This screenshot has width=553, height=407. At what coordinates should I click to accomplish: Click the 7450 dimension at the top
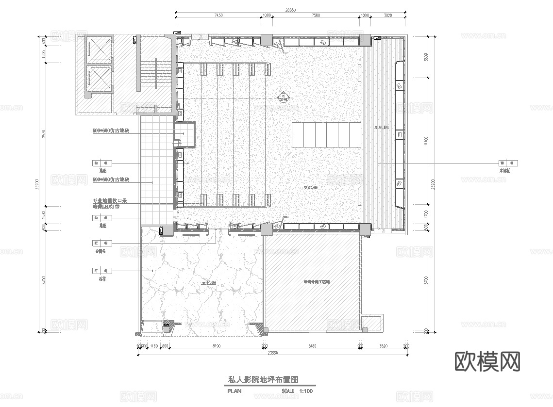(218, 16)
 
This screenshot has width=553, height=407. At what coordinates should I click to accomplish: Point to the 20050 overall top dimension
(290, 9)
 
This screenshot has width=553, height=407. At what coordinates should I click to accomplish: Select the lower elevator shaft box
(99, 77)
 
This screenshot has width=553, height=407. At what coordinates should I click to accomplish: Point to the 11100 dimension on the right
(426, 141)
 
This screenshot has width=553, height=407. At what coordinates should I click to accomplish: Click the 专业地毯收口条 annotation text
(110, 200)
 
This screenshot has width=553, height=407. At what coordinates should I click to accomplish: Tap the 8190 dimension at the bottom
(217, 346)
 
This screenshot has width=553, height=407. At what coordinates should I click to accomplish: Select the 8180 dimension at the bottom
(313, 346)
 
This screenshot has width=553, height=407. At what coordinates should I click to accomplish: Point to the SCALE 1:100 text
(297, 391)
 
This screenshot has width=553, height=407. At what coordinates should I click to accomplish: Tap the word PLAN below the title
(234, 391)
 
